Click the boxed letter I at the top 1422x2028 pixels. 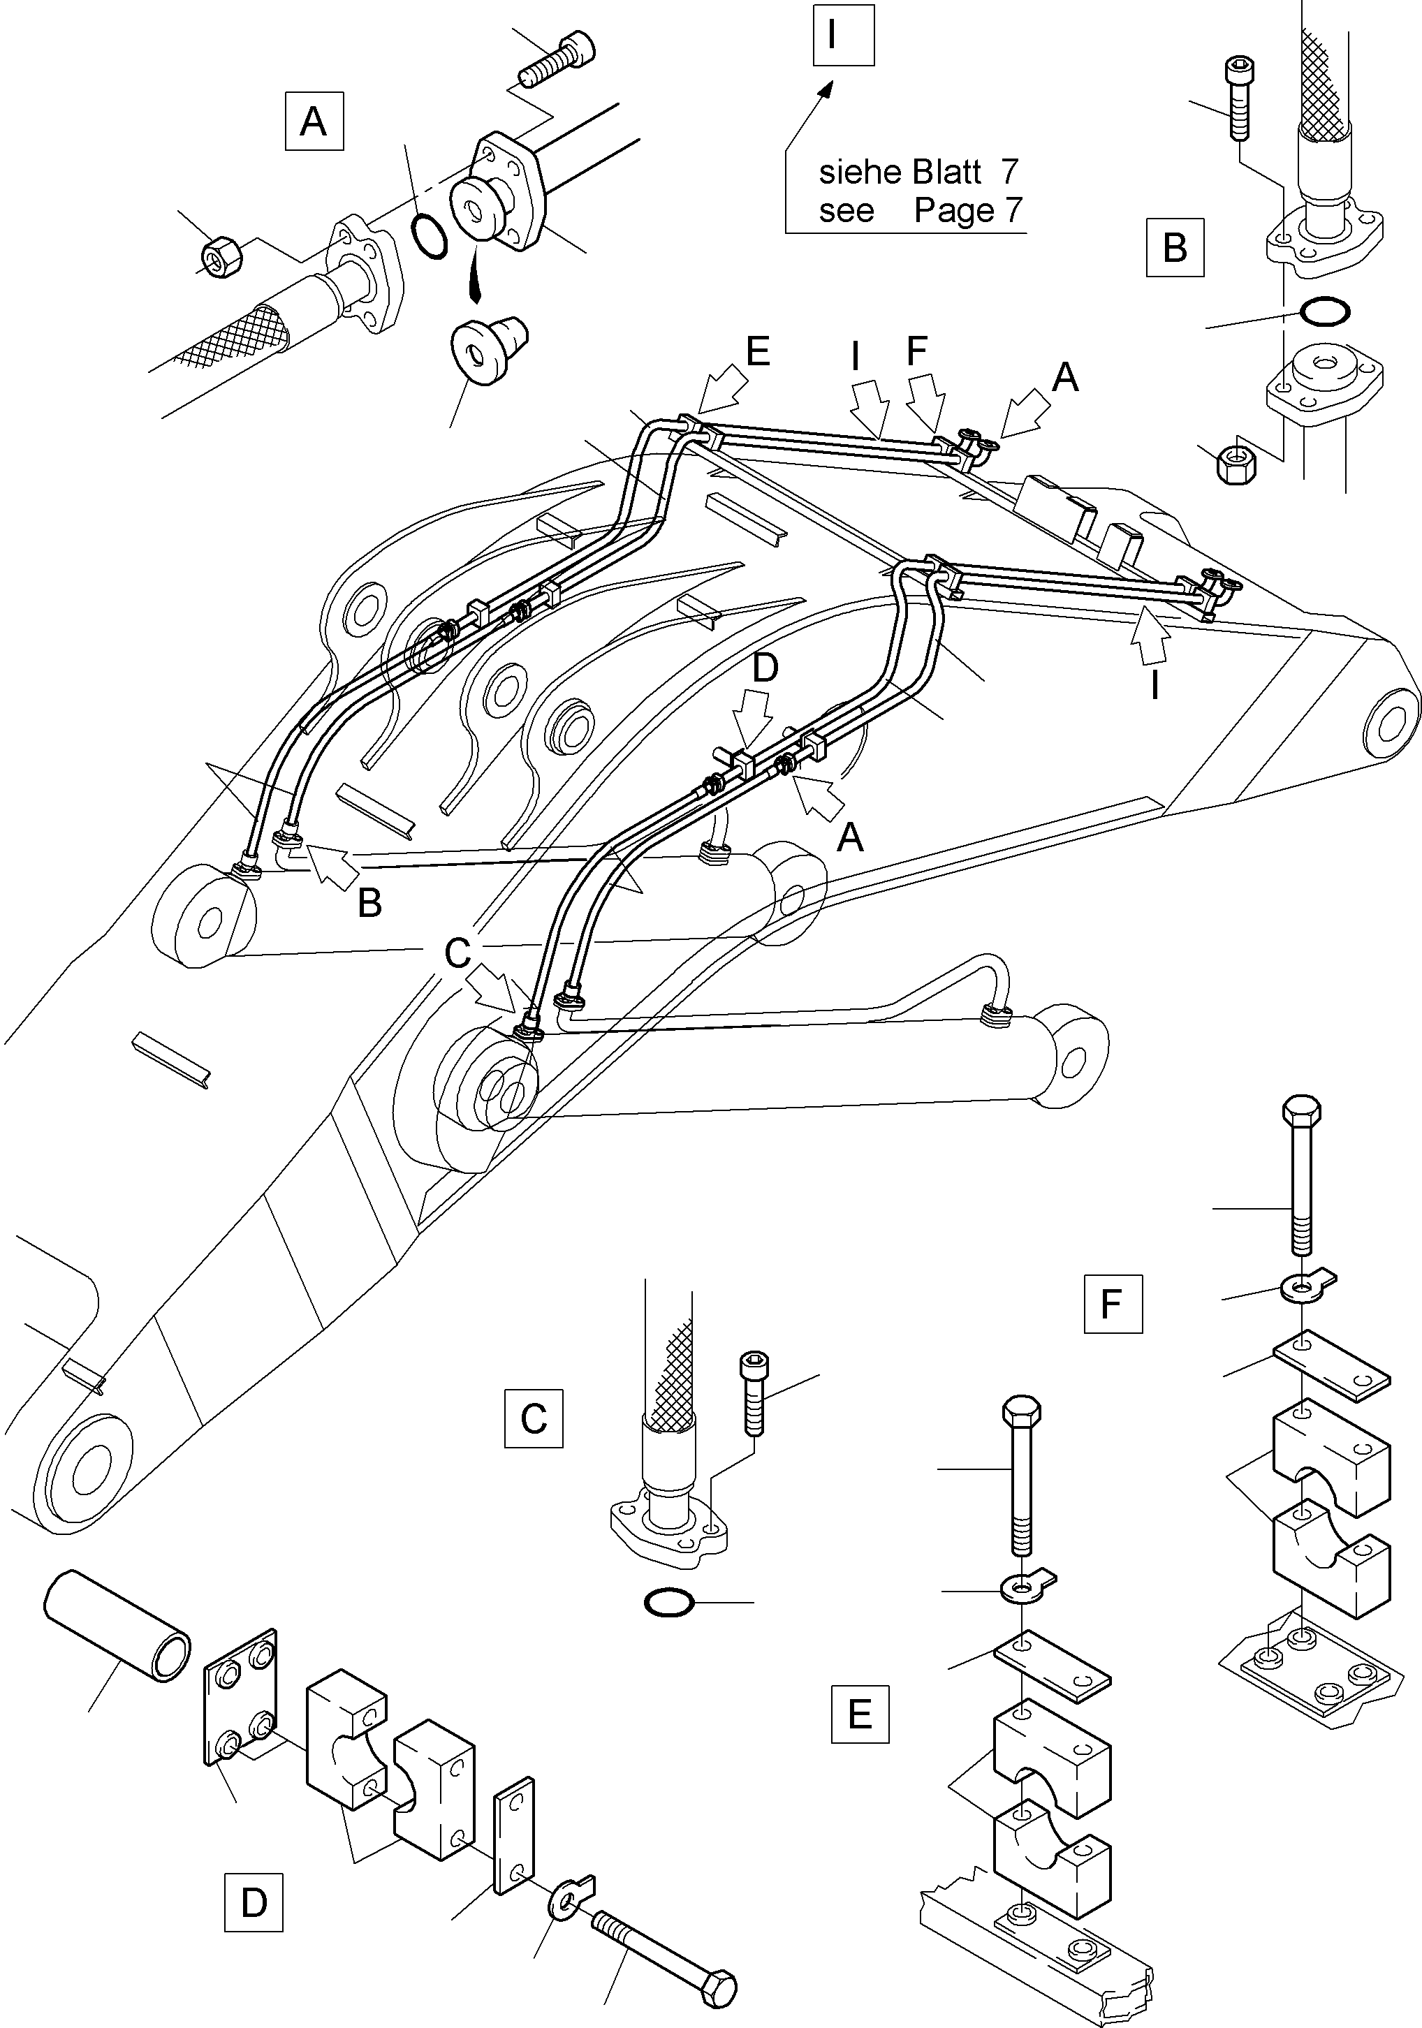tap(844, 36)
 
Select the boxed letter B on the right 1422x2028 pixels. tap(1175, 247)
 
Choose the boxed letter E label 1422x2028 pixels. tap(859, 1715)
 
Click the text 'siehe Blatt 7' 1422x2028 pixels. tap(918, 171)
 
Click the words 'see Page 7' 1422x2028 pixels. tap(918, 210)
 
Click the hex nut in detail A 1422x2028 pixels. tap(220, 256)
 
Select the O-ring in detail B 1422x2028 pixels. tap(1325, 311)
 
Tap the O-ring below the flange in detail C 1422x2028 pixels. tap(668, 1601)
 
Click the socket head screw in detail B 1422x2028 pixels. tap(1238, 97)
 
